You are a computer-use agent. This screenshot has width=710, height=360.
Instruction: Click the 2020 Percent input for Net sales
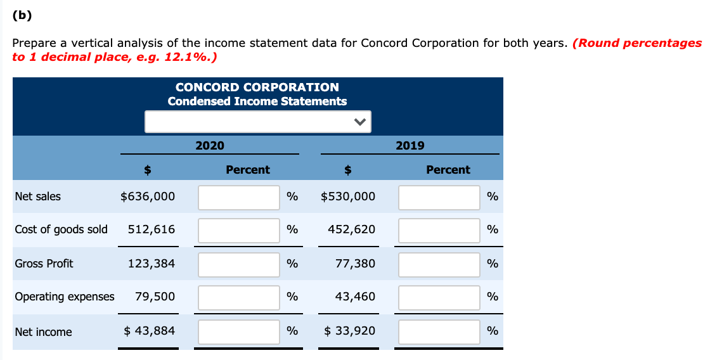tap(239, 197)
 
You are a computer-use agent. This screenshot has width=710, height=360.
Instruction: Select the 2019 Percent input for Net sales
tap(439, 197)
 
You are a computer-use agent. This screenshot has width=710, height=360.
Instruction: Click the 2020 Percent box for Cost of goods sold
tap(239, 230)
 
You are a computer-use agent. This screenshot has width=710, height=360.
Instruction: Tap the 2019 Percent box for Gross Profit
tap(439, 264)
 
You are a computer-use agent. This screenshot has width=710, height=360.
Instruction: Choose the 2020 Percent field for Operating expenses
tap(239, 297)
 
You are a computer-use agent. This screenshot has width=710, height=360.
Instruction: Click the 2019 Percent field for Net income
tap(439, 332)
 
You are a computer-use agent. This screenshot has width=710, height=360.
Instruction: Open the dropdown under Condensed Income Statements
tap(257, 122)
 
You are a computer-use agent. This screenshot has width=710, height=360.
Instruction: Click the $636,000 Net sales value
tap(148, 196)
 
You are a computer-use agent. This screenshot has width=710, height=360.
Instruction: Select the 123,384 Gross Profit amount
tap(152, 264)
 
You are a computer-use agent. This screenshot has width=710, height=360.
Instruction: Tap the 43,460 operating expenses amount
tap(355, 297)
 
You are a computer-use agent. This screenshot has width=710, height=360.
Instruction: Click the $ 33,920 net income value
tap(349, 331)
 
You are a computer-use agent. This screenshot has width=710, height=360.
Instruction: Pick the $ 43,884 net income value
tap(149, 331)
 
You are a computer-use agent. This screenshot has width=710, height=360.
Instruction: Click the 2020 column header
tap(210, 146)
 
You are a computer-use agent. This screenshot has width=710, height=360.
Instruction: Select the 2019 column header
tap(410, 146)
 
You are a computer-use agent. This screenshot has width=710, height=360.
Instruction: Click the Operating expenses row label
tap(65, 297)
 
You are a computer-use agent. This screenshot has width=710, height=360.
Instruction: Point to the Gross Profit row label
tap(44, 264)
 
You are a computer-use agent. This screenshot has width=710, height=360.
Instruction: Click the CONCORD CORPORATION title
tap(257, 87)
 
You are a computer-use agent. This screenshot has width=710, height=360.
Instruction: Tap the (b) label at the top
tap(22, 16)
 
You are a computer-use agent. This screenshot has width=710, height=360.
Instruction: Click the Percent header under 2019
tap(448, 170)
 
